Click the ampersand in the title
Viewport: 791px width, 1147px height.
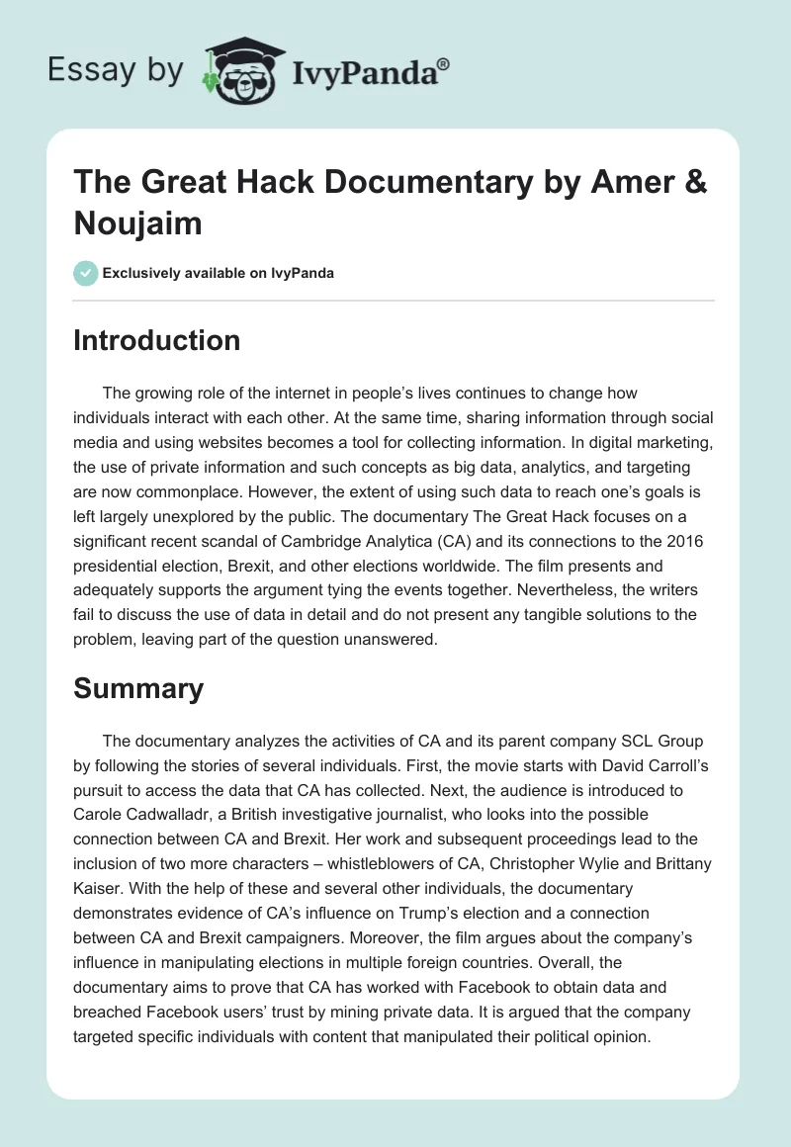click(691, 185)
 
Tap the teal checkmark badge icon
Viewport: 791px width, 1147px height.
click(86, 273)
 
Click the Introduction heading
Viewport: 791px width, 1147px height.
click(156, 340)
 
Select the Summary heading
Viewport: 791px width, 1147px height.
click(138, 688)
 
